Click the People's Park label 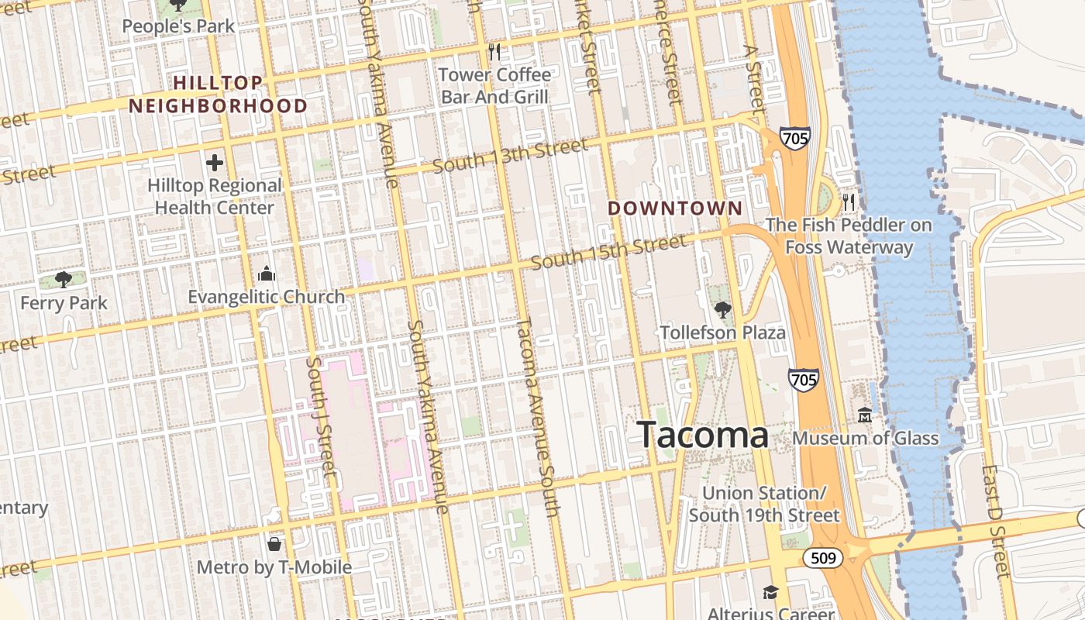[x=178, y=26]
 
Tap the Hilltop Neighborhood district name [x=219, y=95]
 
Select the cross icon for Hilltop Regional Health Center [x=215, y=163]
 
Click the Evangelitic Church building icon [x=267, y=274]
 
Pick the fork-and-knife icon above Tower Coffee [x=494, y=52]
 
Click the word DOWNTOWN [x=675, y=208]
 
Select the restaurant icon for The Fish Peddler [x=849, y=202]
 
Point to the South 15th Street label [x=609, y=253]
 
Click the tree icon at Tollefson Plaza [x=722, y=310]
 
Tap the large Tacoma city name [x=703, y=436]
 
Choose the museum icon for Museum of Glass [x=865, y=415]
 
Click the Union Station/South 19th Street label [x=764, y=504]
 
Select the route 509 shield [x=822, y=558]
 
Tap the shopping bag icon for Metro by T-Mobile [x=274, y=543]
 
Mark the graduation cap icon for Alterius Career [x=770, y=593]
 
